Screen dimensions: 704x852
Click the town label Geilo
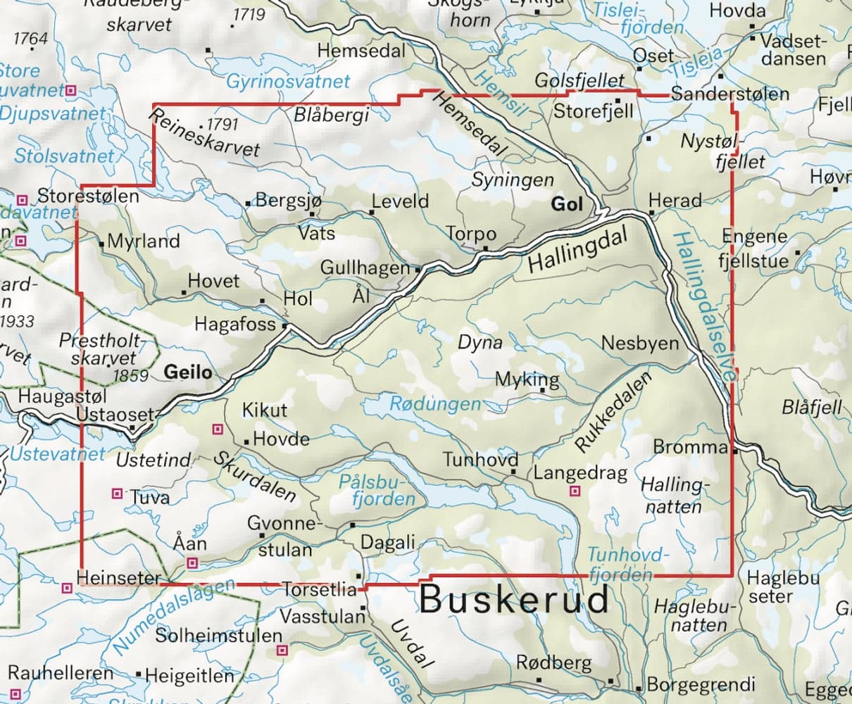[187, 372]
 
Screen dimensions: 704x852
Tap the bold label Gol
[568, 204]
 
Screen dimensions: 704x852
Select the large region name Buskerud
[515, 601]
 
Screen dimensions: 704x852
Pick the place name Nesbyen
[640, 344]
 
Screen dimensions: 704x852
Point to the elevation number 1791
[223, 125]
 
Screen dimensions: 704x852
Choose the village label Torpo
[471, 234]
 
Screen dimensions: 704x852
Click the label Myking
[527, 379]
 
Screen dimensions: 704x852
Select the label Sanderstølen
[730, 94]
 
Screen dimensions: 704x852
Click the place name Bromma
[689, 447]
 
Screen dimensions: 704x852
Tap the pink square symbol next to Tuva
[118, 494]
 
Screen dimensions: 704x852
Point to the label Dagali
[388, 542]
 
